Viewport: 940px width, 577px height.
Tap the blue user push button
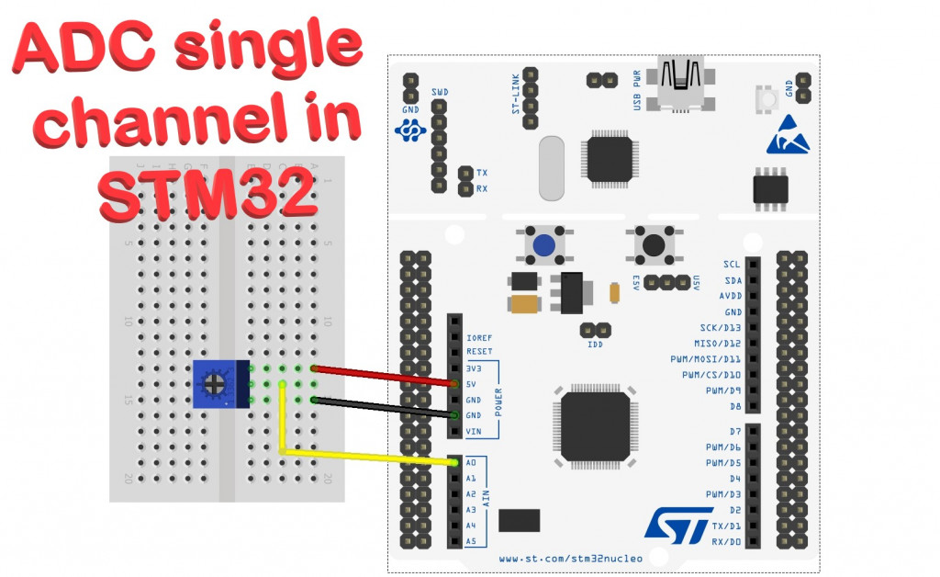click(543, 245)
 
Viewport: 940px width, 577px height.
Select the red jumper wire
click(386, 376)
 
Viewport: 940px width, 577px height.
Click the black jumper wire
click(386, 408)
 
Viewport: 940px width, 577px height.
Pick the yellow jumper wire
click(367, 457)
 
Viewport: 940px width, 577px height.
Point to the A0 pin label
click(471, 463)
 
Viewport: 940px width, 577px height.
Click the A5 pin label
click(471, 541)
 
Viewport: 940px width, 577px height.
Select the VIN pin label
click(475, 431)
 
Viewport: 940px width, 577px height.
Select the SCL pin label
click(732, 265)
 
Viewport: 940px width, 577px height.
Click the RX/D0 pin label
click(724, 541)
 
